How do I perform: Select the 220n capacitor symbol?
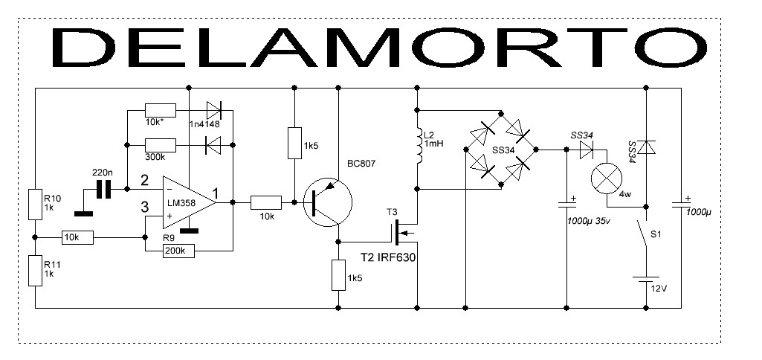pos(104,190)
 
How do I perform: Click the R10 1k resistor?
pos(35,204)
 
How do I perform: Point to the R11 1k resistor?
pos(35,270)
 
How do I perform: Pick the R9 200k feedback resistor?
pos(178,251)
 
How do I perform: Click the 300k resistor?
pos(160,144)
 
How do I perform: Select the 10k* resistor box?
pos(160,111)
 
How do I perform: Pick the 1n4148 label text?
pos(206,124)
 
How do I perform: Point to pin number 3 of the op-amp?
pos(145,206)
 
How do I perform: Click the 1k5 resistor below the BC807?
pos(338,274)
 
